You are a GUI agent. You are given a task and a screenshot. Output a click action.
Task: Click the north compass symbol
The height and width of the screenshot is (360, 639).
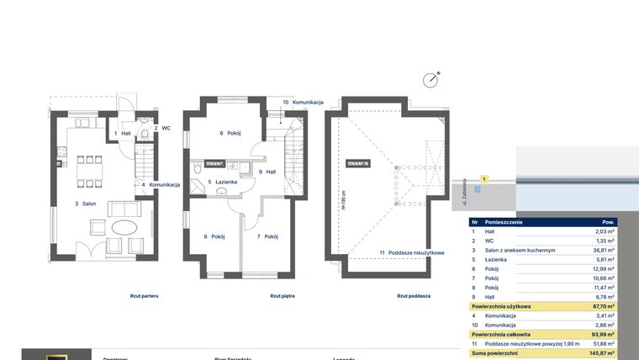(431, 80)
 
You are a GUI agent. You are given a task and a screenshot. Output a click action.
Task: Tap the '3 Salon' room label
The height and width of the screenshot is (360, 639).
(87, 204)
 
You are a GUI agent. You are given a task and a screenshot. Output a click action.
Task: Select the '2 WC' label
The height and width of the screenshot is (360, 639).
(161, 128)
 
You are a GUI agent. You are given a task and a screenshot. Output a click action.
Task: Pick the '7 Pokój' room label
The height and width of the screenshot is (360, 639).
(267, 236)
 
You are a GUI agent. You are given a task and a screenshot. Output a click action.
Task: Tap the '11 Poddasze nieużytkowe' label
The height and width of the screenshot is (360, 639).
(411, 252)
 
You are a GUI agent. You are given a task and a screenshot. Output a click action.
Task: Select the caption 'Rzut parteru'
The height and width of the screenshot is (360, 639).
(145, 296)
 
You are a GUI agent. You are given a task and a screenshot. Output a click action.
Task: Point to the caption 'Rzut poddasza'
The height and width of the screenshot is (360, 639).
(414, 296)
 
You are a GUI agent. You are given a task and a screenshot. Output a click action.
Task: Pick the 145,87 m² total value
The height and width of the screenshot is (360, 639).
(599, 353)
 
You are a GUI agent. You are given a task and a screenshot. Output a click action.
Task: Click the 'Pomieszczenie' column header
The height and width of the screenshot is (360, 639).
(504, 222)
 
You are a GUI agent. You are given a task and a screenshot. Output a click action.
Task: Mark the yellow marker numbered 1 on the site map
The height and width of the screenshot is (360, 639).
(483, 179)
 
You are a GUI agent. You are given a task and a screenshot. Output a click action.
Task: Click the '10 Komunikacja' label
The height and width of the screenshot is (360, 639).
(303, 102)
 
